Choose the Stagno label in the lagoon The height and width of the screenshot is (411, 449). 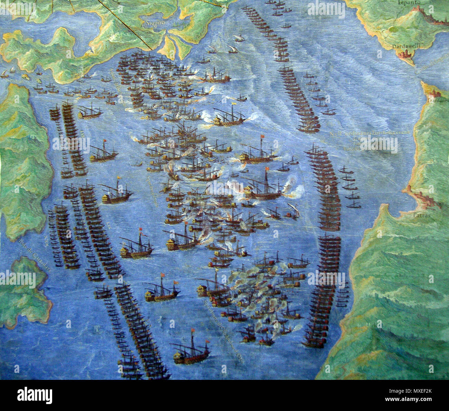[x=152, y=24]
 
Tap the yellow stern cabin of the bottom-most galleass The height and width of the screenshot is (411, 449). [x=179, y=357]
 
